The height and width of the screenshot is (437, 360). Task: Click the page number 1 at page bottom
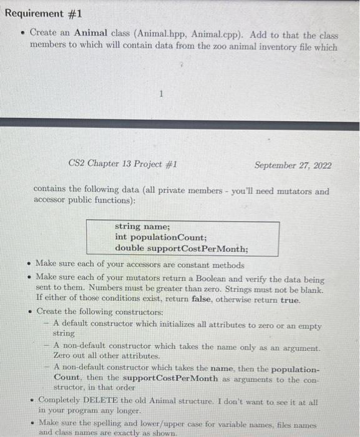pos(160,95)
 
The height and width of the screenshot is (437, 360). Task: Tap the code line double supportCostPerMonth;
pos(181,248)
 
